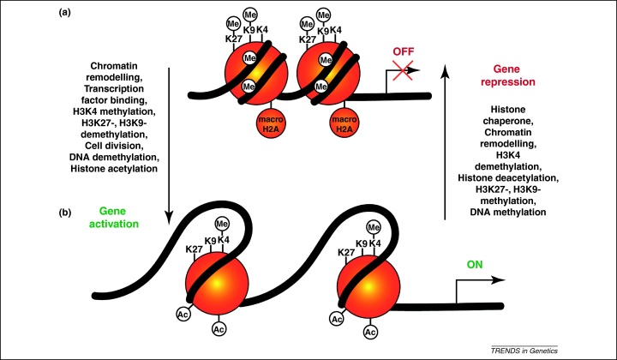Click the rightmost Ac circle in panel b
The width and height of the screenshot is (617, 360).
(370, 330)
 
